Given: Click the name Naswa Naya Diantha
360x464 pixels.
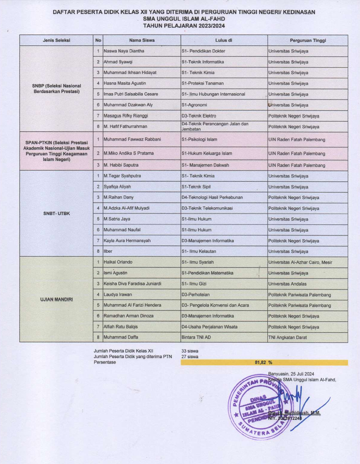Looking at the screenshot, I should pos(123,51).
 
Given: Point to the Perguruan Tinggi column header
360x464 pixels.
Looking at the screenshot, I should pos(307,40).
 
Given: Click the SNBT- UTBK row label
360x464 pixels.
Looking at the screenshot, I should pos(57,213).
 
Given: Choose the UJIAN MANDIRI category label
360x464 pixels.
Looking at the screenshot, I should pos(57,299).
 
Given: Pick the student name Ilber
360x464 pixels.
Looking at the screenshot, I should pos(108,251).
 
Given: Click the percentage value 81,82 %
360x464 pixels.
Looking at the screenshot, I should pos(264,362).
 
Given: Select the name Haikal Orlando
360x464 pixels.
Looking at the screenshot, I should pos(118,262).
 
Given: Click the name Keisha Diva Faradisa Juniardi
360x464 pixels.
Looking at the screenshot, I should pos(132,283).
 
